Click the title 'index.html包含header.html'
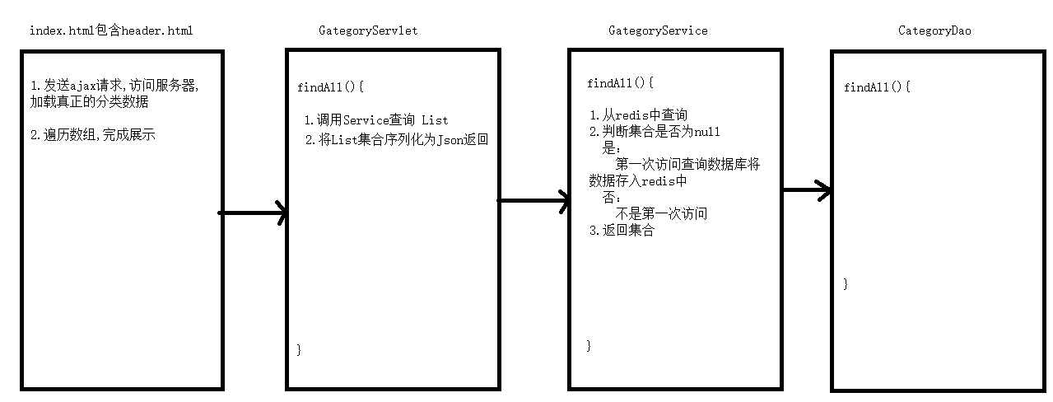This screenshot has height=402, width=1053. point(111,30)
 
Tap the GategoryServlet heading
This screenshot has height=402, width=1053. point(368,30)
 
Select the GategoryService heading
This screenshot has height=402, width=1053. point(658,30)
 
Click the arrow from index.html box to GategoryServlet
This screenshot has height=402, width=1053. point(253,213)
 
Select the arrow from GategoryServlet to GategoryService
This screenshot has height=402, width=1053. point(533,200)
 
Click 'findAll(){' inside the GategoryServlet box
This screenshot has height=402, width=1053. point(330,86)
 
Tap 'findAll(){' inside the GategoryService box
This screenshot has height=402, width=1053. point(620,83)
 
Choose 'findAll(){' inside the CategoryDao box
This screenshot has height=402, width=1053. point(877,86)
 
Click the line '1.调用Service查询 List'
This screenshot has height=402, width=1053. point(376,120)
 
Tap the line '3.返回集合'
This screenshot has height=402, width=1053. point(622,231)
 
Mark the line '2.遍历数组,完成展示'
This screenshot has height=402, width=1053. point(93,135)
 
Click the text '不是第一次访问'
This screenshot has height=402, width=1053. point(661,213)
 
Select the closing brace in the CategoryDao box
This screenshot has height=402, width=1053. point(846,283)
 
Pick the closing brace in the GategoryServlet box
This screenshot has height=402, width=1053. point(299,349)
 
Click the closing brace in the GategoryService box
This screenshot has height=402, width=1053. point(589,345)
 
